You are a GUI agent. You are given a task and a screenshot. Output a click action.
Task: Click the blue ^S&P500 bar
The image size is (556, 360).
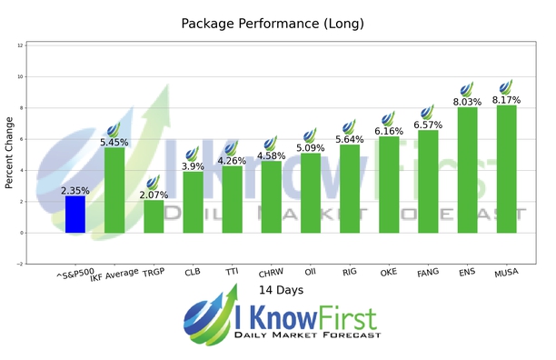point(75,215)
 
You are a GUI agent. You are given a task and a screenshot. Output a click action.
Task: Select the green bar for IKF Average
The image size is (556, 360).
point(114,190)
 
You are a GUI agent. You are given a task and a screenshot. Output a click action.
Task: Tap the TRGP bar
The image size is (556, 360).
point(154,216)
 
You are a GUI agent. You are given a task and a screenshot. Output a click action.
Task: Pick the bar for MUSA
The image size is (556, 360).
point(506,169)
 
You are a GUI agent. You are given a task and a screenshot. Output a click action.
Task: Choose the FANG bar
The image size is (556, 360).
point(428,182)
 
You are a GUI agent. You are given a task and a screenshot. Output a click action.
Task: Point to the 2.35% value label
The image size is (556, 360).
point(75,191)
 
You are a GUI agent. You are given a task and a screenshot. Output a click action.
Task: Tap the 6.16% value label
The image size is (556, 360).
point(389,132)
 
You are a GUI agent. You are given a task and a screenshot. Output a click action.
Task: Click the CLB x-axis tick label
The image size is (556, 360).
point(192,270)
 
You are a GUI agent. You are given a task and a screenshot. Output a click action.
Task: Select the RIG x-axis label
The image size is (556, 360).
point(349,270)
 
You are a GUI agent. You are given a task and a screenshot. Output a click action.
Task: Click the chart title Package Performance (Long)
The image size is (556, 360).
point(278,23)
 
